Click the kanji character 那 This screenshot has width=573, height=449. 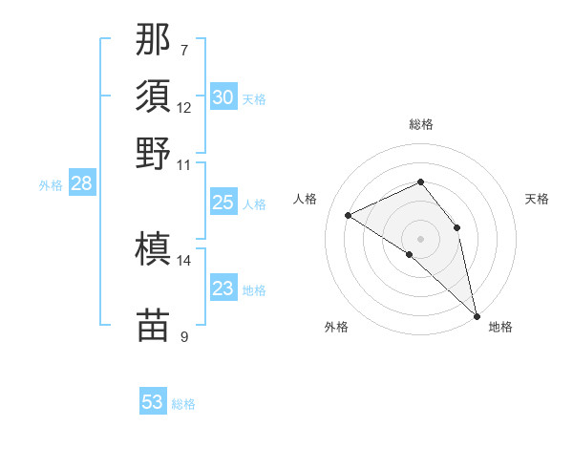click(x=154, y=40)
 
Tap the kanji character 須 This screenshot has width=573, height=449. click(x=154, y=96)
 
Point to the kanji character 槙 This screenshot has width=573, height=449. click(x=154, y=249)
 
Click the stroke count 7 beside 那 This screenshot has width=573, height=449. click(x=183, y=50)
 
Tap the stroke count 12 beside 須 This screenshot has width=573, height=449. click(x=184, y=107)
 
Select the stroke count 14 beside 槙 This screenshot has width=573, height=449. click(x=184, y=260)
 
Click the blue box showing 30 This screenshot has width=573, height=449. click(x=223, y=96)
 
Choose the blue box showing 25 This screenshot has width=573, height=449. click(x=223, y=202)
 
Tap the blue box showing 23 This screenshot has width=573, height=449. click(x=223, y=288)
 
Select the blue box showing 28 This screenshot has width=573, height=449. click(x=81, y=183)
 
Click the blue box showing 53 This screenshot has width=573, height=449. click(x=153, y=402)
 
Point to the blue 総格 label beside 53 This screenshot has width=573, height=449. click(x=183, y=404)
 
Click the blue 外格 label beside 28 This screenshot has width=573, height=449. click(x=51, y=185)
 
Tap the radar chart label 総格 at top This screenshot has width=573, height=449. click(x=420, y=124)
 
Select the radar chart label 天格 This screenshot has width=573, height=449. click(x=537, y=199)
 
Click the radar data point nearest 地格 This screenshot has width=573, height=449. click(x=477, y=315)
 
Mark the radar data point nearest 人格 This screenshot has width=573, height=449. click(x=349, y=215)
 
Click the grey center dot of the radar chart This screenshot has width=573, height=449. click(x=420, y=237)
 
